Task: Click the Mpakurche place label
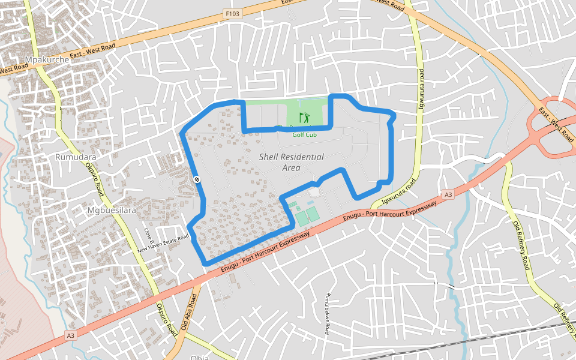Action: (x=43, y=59)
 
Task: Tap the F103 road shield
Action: (x=233, y=13)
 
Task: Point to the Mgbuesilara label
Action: (x=112, y=211)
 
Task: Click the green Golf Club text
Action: (x=304, y=134)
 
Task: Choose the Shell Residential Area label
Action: (x=292, y=162)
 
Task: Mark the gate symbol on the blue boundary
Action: (x=197, y=179)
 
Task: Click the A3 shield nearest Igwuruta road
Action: (x=448, y=195)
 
